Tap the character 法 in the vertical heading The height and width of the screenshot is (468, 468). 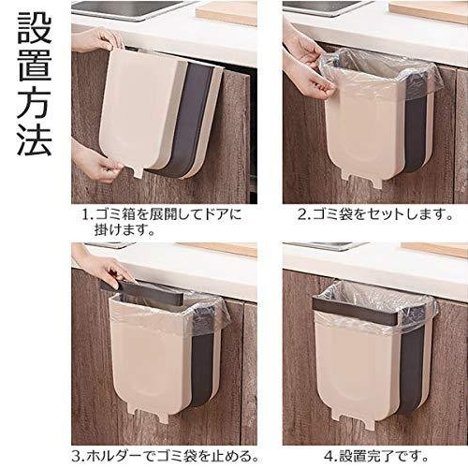pos(35,139)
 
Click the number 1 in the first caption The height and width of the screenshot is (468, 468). pos(85,215)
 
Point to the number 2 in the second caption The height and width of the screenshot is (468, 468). pos(302,215)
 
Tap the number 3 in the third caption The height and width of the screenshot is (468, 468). pos(77,457)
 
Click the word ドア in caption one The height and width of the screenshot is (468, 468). pos(216,215)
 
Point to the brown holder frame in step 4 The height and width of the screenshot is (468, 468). pos(355,309)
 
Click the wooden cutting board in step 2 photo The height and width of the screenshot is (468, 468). pos(429,11)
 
